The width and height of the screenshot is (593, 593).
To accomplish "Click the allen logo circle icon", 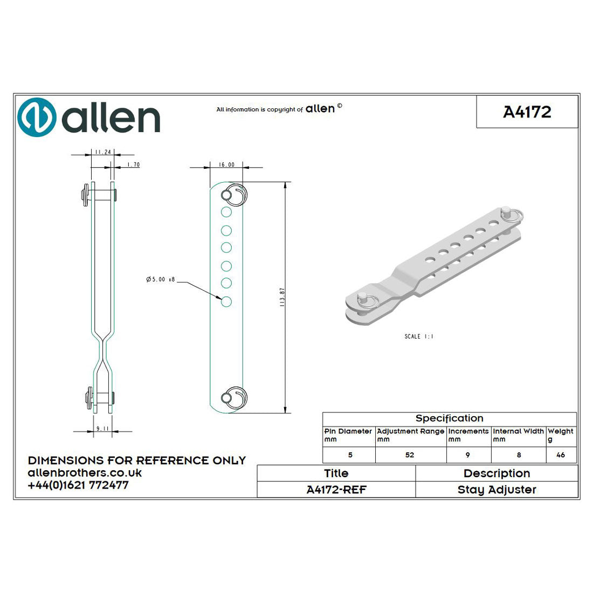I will tap(37, 117).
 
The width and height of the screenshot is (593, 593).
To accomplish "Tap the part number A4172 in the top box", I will tap(527, 112).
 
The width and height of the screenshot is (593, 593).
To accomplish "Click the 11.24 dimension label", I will tap(102, 153).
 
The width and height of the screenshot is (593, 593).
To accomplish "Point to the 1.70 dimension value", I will tap(133, 164).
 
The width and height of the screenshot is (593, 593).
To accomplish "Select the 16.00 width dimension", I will tap(226, 165).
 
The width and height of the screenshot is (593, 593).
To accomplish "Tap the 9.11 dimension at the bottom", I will tap(102, 429).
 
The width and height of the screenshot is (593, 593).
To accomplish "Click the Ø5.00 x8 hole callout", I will tap(160, 279).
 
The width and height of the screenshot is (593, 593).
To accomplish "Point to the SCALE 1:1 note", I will tap(419, 336).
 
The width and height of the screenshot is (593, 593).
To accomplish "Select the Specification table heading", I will tap(449, 418).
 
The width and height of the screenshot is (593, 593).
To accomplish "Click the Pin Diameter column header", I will tap(348, 431).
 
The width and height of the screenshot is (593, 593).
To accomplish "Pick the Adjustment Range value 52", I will tap(410, 455).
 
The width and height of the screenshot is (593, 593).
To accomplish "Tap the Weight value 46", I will tap(561, 455).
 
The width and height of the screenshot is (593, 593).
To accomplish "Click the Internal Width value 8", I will tap(519, 455).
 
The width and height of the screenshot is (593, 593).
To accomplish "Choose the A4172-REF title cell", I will tap(336, 489).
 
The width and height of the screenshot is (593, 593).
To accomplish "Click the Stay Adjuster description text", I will tap(497, 489).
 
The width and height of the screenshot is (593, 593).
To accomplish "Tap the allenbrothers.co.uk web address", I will tap(85, 473).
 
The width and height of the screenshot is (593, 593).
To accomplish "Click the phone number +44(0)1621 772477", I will tap(78, 485).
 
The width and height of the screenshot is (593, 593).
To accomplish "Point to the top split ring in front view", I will tap(235, 195).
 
